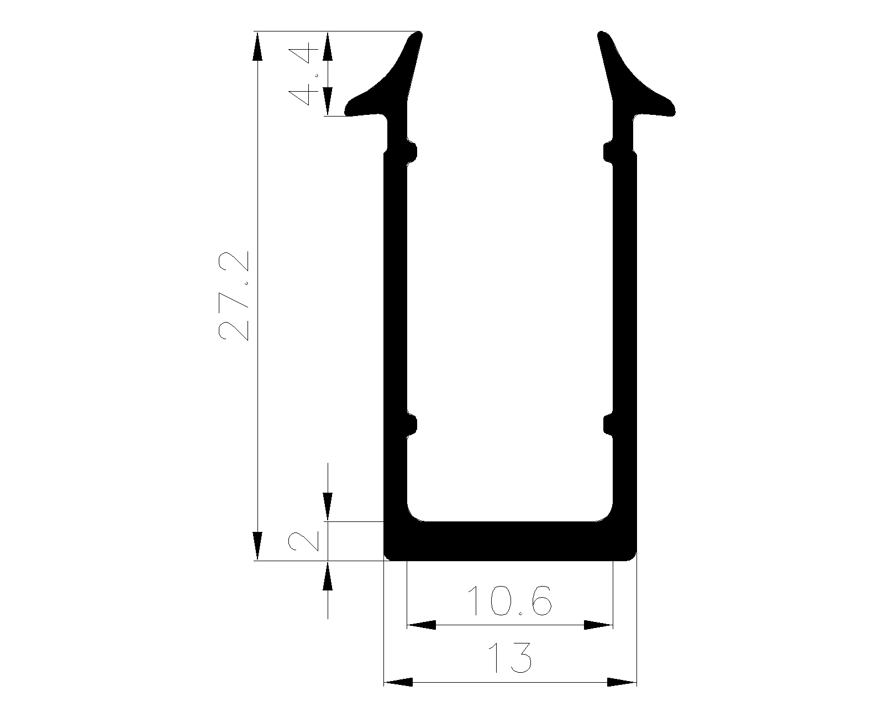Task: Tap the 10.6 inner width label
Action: pos(509,602)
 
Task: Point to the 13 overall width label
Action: pos(509,657)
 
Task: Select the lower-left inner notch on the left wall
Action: pos(412,425)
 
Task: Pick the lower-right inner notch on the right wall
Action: pos(608,425)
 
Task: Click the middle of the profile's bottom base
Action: pos(510,541)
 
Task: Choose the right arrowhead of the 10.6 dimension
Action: pos(599,625)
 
